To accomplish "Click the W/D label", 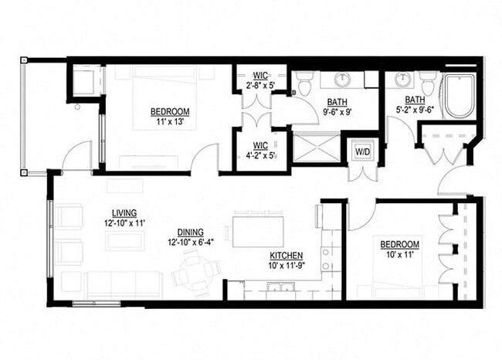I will coord(361,151).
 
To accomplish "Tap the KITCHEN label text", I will coord(285,256).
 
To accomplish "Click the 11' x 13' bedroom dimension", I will coord(171,122).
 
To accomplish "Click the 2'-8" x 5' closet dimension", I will coord(261,85).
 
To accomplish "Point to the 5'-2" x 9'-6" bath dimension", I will coord(414,110).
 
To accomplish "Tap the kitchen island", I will coord(258,230).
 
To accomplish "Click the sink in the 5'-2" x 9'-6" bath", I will coord(402,79).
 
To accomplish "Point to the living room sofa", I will coord(124,284).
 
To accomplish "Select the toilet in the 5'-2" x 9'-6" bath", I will coord(427,82).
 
